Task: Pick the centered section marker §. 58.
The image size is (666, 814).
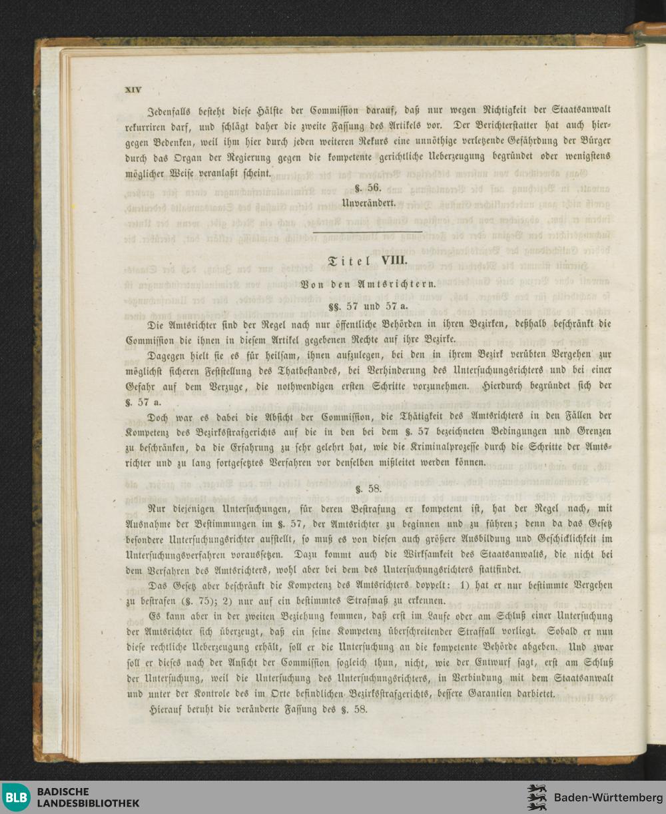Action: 368,489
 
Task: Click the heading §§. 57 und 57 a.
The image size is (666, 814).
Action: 368,306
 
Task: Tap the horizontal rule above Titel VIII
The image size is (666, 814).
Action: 368,231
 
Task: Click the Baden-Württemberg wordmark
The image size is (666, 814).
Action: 608,798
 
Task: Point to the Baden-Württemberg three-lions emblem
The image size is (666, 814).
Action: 537,797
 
